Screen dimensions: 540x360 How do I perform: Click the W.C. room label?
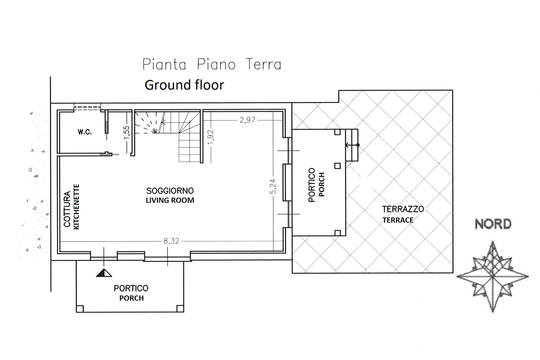point(84,132)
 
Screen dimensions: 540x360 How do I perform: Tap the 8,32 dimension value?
point(171,241)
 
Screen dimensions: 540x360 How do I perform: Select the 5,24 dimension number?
point(273,186)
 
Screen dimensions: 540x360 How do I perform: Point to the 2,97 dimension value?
point(247,120)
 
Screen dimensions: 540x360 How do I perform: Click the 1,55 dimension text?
point(127,132)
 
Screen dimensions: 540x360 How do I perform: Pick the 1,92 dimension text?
point(211,137)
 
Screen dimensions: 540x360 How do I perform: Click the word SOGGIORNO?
point(170,191)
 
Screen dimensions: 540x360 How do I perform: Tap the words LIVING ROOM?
point(170,201)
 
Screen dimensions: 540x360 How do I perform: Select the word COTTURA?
point(67,209)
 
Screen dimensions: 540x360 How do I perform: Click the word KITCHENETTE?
point(76,207)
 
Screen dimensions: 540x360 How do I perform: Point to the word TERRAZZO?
point(403,209)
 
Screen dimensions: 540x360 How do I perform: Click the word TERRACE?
point(398,220)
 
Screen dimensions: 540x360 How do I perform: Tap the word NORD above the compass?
point(493,224)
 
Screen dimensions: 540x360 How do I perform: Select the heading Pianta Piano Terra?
point(212,64)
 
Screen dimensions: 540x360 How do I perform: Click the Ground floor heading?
point(184,85)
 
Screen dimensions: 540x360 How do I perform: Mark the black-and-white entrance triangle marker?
point(104,273)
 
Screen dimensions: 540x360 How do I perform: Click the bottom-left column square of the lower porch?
point(80,309)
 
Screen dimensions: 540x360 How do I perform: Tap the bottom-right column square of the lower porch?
point(180,309)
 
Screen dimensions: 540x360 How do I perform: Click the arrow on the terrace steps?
point(352,145)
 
